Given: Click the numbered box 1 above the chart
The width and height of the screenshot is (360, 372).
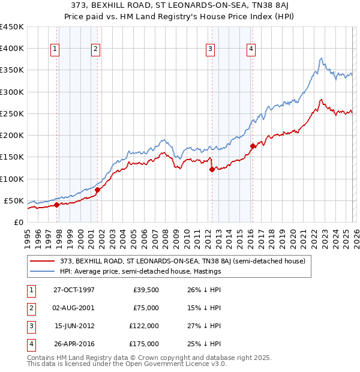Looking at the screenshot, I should click(55, 49).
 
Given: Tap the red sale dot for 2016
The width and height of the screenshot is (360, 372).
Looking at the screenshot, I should click(253, 146).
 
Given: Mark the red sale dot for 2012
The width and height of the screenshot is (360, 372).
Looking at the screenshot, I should click(212, 169).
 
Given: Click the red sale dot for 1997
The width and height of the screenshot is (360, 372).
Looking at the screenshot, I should click(57, 205).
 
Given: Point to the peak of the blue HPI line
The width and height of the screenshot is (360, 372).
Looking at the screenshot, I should click(322, 58).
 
